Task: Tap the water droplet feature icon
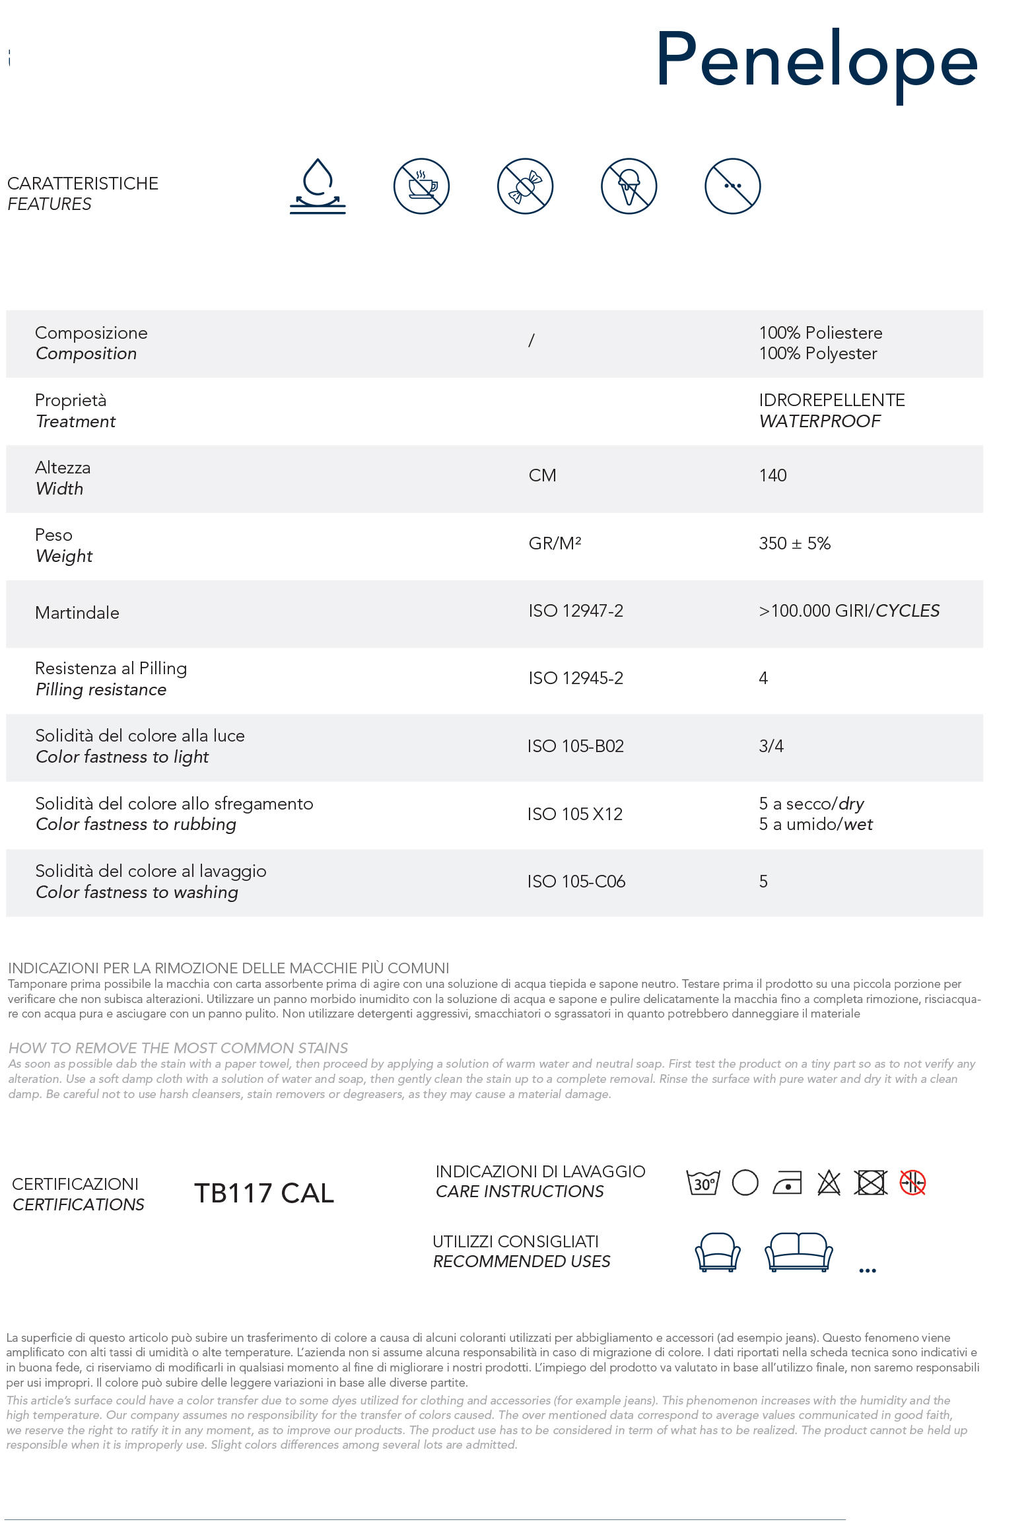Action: click(x=318, y=186)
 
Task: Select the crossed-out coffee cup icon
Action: click(x=421, y=186)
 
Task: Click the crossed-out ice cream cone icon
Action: click(x=629, y=186)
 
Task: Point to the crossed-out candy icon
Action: click(x=525, y=186)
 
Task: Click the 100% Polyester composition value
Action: click(x=817, y=354)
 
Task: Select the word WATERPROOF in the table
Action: click(x=819, y=421)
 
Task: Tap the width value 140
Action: click(x=772, y=475)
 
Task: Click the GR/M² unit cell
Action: click(x=555, y=543)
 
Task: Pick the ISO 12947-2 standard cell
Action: click(x=575, y=611)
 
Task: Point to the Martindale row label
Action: click(x=77, y=613)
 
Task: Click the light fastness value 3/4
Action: click(x=771, y=746)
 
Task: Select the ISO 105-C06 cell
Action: click(x=576, y=882)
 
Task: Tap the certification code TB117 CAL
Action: click(x=264, y=1193)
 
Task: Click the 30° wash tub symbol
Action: click(x=703, y=1183)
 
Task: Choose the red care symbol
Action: click(x=912, y=1183)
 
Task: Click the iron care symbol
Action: click(x=787, y=1183)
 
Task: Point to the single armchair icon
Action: click(x=717, y=1251)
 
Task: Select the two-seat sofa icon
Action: click(x=798, y=1251)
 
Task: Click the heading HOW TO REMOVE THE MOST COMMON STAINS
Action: click(x=178, y=1048)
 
